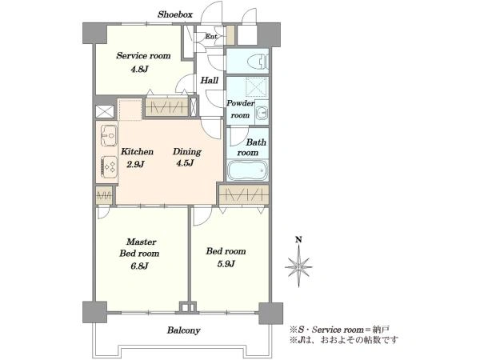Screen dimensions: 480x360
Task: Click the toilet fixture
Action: pyautogui.click(x=258, y=62)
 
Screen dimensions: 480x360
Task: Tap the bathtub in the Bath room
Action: pyautogui.click(x=248, y=170)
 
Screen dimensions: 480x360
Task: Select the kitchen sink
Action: pyautogui.click(x=109, y=135)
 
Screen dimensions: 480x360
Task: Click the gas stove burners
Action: pyautogui.click(x=109, y=167)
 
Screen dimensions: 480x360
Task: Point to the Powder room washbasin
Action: pyautogui.click(x=262, y=113)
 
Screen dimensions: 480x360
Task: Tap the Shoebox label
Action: pyautogui.click(x=175, y=14)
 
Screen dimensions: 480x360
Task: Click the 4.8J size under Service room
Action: pyautogui.click(x=139, y=69)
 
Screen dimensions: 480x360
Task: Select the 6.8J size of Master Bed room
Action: pyautogui.click(x=139, y=266)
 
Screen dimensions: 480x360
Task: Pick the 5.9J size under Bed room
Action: pyautogui.click(x=226, y=263)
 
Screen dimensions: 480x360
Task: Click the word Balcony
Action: pyautogui.click(x=184, y=330)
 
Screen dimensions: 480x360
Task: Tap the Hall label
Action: pyautogui.click(x=210, y=81)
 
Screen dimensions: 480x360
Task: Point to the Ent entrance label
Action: pyautogui.click(x=210, y=37)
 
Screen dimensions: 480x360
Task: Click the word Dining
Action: pyautogui.click(x=186, y=151)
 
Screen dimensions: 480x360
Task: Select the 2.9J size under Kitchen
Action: pyautogui.click(x=135, y=164)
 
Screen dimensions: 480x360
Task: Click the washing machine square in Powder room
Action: pyautogui.click(x=256, y=87)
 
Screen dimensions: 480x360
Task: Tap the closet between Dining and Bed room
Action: pyautogui.click(x=244, y=194)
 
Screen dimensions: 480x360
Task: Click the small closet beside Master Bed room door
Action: pyautogui.click(x=104, y=195)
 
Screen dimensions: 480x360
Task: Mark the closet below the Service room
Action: pyautogui.click(x=166, y=107)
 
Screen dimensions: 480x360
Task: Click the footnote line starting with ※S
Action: pyautogui.click(x=339, y=330)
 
